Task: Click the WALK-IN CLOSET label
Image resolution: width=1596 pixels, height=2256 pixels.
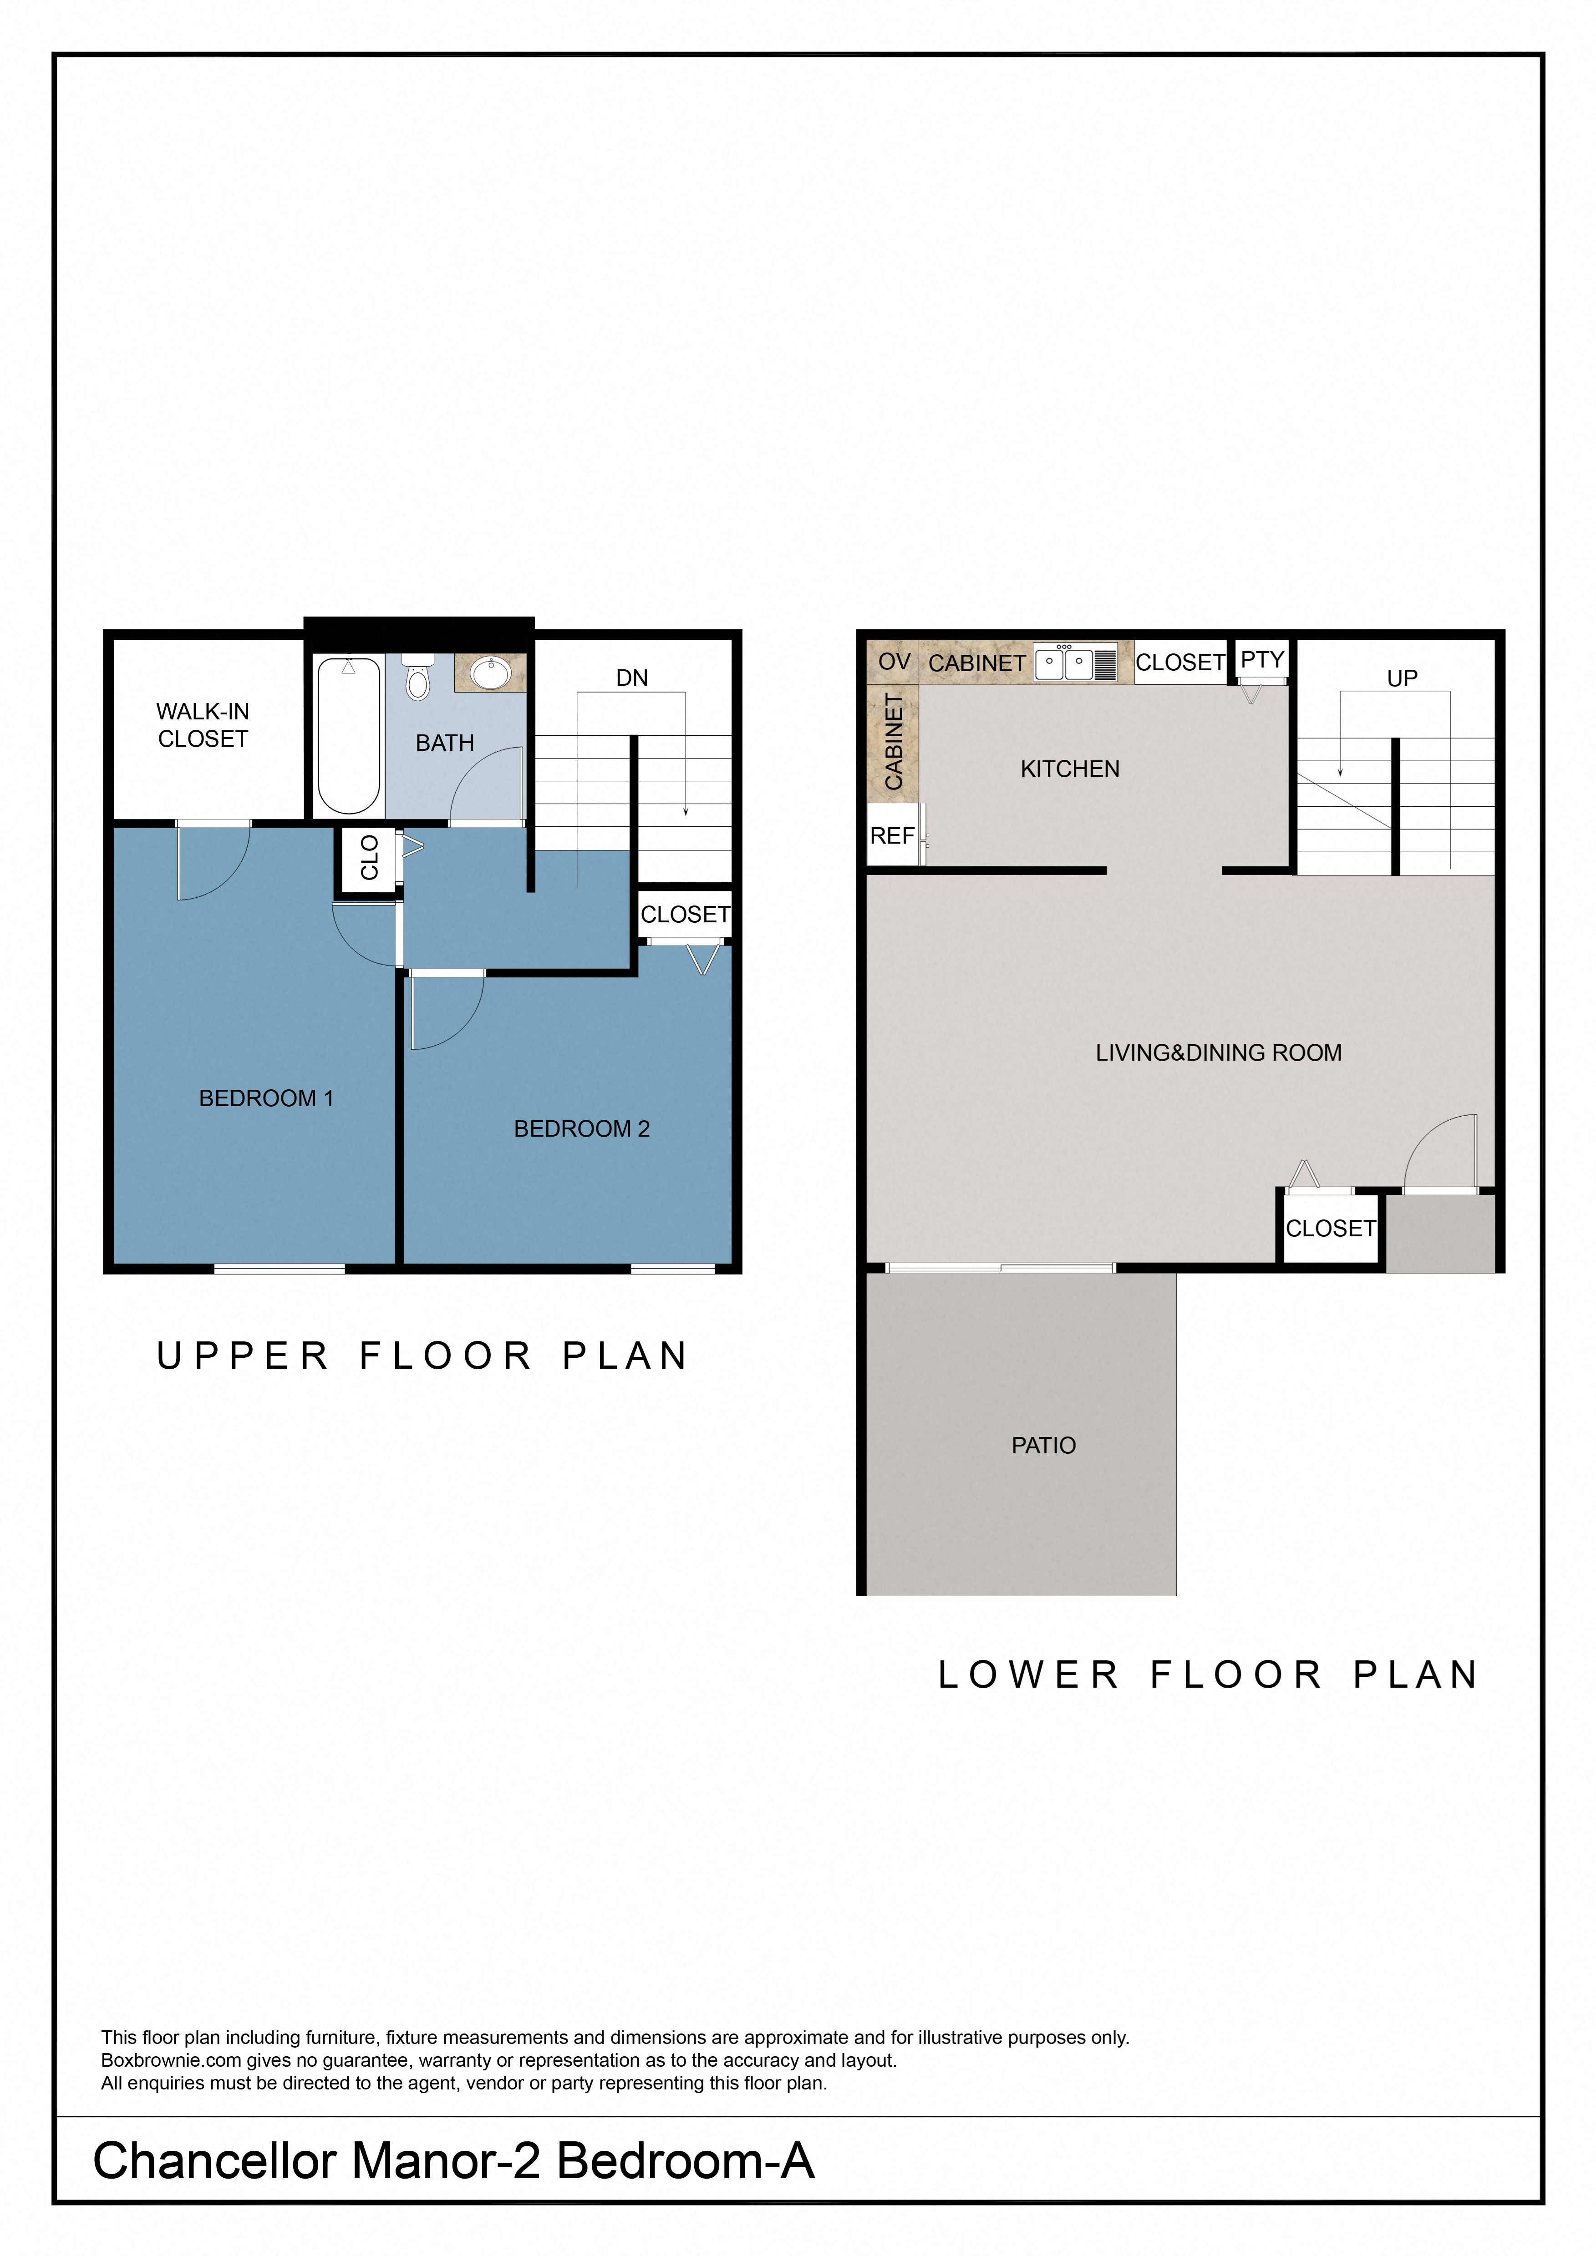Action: tap(203, 725)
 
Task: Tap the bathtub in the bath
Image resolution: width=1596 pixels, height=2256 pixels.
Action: tap(348, 735)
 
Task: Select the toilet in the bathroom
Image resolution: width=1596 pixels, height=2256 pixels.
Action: tap(418, 676)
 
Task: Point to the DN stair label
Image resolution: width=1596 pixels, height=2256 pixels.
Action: tap(632, 678)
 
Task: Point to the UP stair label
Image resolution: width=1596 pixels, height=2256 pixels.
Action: tap(1402, 678)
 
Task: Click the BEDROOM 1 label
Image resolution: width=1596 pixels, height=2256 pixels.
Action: tap(266, 1098)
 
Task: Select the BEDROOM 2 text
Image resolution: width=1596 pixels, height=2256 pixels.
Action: tap(582, 1129)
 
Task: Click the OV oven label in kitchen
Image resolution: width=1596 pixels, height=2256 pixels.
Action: tap(893, 662)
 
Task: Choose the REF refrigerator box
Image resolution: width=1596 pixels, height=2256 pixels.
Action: tap(892, 835)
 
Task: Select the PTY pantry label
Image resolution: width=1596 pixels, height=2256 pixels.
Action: tap(1262, 659)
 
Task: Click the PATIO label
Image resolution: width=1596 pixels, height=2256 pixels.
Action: tap(1044, 1445)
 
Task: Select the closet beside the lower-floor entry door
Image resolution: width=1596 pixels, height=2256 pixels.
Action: tap(1331, 1228)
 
